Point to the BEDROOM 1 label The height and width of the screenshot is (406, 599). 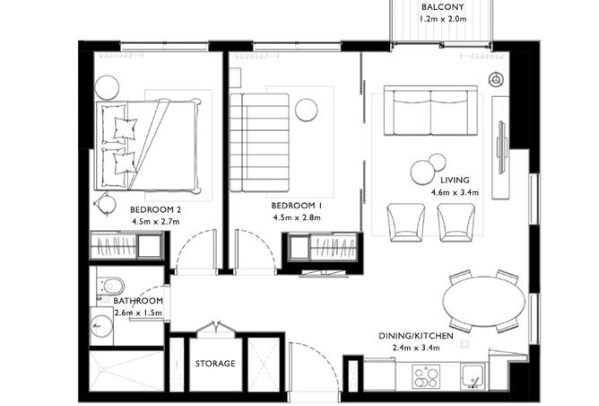click(297, 206)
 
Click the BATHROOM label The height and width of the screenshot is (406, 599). click(132, 301)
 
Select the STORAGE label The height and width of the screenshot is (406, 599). click(215, 364)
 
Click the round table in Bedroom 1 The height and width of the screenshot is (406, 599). click(307, 109)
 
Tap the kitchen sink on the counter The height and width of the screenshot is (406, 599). click(472, 374)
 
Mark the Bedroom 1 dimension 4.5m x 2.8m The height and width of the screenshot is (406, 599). click(297, 218)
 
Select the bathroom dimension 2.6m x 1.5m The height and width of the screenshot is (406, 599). click(131, 313)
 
